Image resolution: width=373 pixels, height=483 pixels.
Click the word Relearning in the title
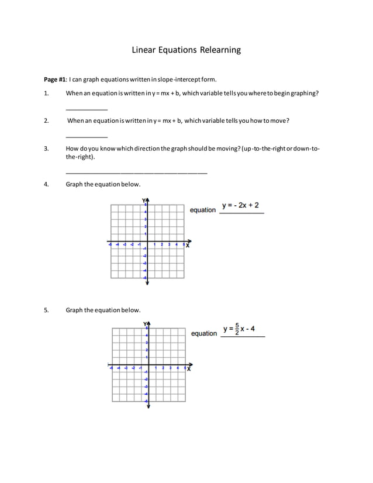tap(217, 50)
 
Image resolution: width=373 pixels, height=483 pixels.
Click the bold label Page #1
tap(56, 80)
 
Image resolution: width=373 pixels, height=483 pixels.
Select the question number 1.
tap(46, 94)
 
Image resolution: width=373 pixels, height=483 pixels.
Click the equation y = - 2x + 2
tap(240, 206)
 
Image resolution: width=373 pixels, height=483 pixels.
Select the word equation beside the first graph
tap(203, 210)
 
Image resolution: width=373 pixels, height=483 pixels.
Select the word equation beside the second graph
tap(204, 333)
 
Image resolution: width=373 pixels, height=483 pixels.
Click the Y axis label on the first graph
tap(144, 201)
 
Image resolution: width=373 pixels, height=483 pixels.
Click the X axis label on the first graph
tap(188, 246)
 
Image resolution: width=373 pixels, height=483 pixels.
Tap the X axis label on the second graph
tap(189, 369)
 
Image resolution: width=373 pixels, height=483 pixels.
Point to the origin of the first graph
tap(147, 241)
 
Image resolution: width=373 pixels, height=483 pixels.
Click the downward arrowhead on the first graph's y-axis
tap(147, 282)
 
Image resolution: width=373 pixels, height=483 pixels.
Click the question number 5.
tap(46, 310)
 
